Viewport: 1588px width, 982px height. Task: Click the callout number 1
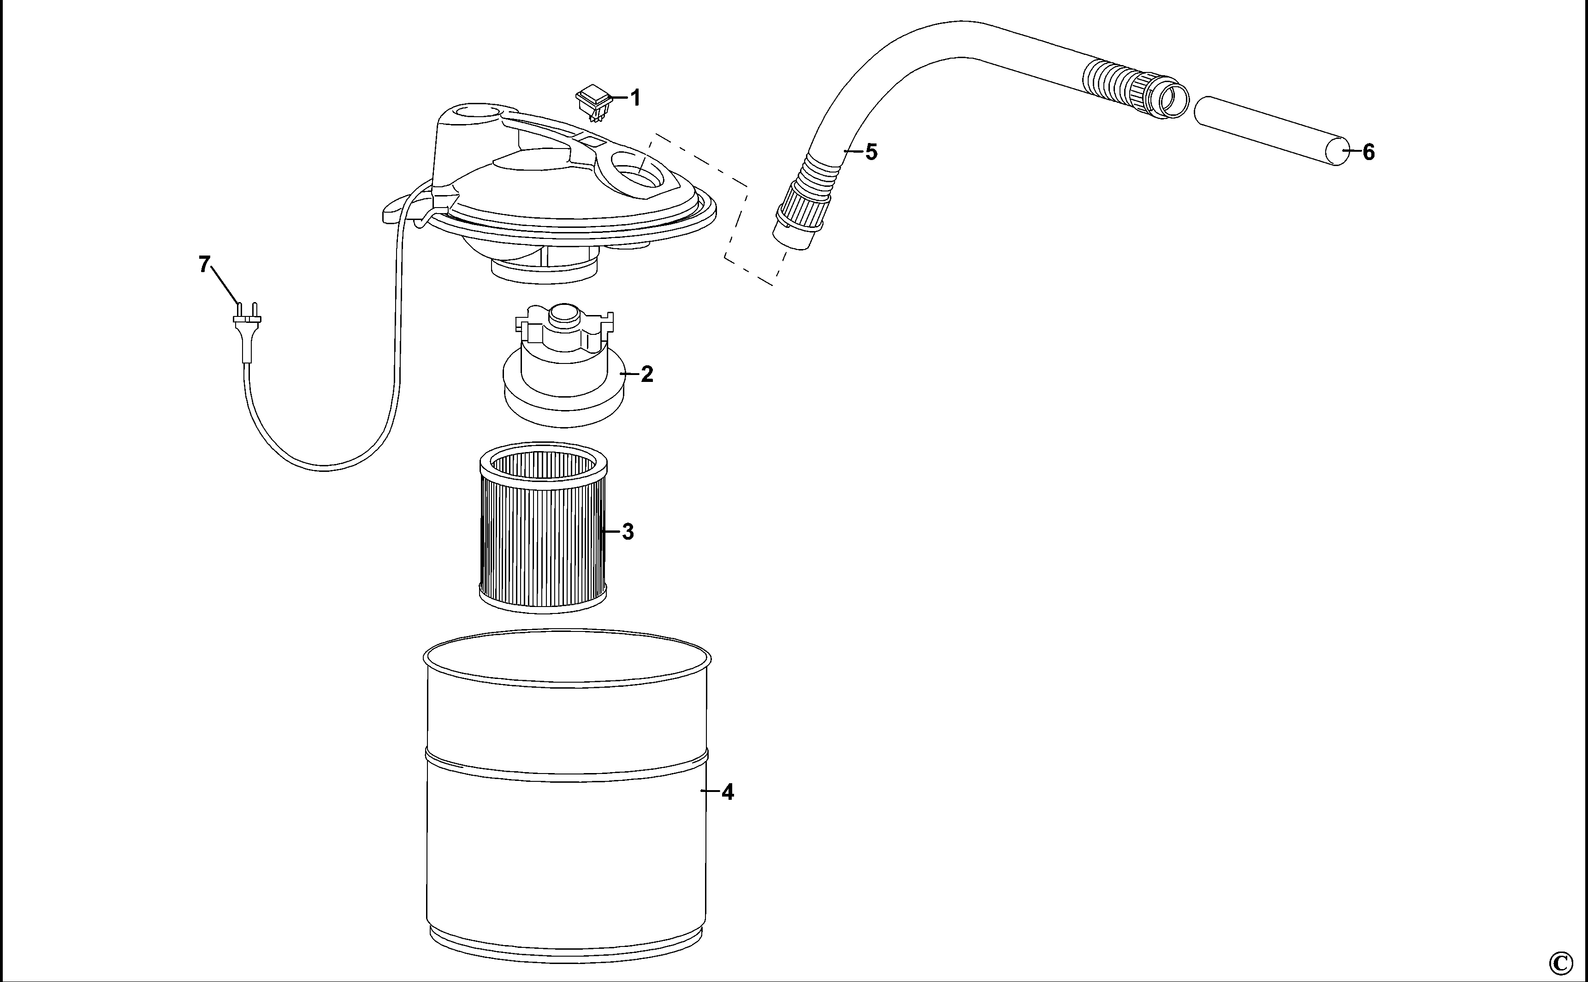click(x=635, y=98)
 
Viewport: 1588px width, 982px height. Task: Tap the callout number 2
click(x=646, y=374)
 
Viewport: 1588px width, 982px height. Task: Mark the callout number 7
click(x=205, y=264)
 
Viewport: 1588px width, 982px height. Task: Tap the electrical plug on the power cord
click(x=247, y=331)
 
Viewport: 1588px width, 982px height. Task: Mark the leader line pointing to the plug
click(x=225, y=285)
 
